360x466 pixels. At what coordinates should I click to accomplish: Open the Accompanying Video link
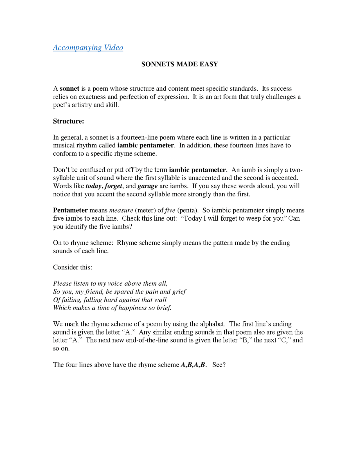pos(88,48)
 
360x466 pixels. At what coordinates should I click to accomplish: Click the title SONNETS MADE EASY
pos(179,64)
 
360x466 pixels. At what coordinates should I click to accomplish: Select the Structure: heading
pos(68,121)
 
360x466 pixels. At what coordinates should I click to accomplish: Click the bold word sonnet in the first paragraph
pos(69,89)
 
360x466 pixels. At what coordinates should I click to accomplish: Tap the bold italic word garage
pos(147,186)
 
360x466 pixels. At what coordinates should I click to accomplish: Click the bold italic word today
pos(93,186)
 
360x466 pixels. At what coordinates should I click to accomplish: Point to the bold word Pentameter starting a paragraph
pos(70,210)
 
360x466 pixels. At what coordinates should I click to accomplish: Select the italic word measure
pos(121,210)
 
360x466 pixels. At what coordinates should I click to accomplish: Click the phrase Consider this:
pos(73,267)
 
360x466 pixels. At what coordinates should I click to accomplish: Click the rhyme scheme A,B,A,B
pos(193,365)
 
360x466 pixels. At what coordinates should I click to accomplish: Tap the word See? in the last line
pos(219,365)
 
